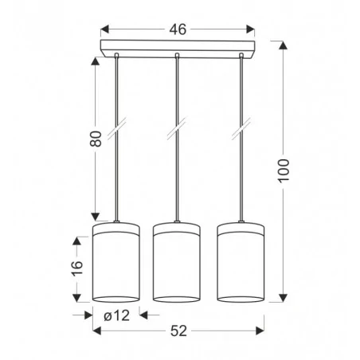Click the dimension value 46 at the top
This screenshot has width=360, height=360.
tap(178, 29)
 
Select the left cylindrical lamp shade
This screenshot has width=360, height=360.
tap(117, 263)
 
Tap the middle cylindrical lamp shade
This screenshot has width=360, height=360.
tap(176, 263)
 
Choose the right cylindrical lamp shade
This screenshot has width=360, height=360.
tap(240, 263)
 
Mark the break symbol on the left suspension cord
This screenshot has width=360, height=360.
tap(117, 126)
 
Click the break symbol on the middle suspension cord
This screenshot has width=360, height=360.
tap(176, 126)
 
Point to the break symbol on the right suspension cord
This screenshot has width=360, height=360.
tap(240, 126)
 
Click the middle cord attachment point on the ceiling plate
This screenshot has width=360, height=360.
tap(176, 54)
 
